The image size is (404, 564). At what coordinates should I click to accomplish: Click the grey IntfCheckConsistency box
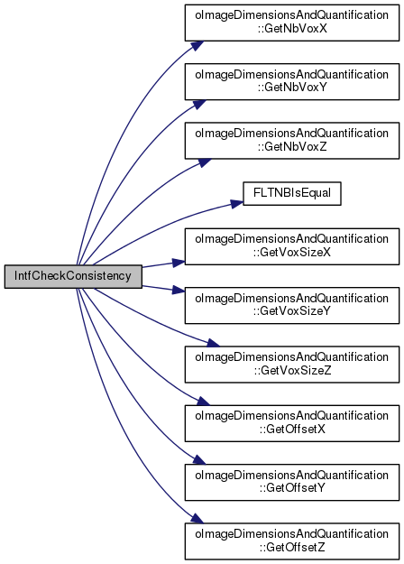pyautogui.click(x=73, y=276)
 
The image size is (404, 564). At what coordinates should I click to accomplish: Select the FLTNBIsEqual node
pyautogui.click(x=292, y=193)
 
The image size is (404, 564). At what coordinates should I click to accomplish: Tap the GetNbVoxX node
pyautogui.click(x=292, y=23)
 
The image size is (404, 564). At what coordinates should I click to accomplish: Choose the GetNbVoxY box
pyautogui.click(x=292, y=81)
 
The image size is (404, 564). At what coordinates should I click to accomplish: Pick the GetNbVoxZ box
pyautogui.click(x=292, y=141)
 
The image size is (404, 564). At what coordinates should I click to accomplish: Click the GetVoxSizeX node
pyautogui.click(x=292, y=246)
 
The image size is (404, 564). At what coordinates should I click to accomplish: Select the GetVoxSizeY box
pyautogui.click(x=292, y=305)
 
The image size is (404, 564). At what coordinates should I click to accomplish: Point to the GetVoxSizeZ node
pyautogui.click(x=292, y=365)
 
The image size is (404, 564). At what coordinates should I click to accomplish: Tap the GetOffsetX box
pyautogui.click(x=292, y=423)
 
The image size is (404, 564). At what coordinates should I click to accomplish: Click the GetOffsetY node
pyautogui.click(x=292, y=483)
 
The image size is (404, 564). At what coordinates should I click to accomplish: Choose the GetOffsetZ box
pyautogui.click(x=292, y=541)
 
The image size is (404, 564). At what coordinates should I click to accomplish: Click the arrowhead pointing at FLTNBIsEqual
pyautogui.click(x=237, y=204)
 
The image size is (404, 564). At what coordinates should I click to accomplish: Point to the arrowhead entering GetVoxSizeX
pyautogui.click(x=179, y=263)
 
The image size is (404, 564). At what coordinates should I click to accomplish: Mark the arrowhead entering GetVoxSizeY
pyautogui.click(x=179, y=290)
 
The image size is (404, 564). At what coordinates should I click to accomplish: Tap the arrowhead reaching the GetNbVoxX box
pyautogui.click(x=197, y=46)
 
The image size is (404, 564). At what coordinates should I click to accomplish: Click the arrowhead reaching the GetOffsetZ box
pyautogui.click(x=197, y=518)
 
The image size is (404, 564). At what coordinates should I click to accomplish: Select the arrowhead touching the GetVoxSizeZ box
pyautogui.click(x=213, y=343)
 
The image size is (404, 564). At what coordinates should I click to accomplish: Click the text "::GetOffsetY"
pyautogui.click(x=292, y=488)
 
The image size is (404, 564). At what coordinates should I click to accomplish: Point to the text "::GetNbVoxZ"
pyautogui.click(x=292, y=146)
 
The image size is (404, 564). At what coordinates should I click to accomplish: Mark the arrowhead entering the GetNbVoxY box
pyautogui.click(x=199, y=105)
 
